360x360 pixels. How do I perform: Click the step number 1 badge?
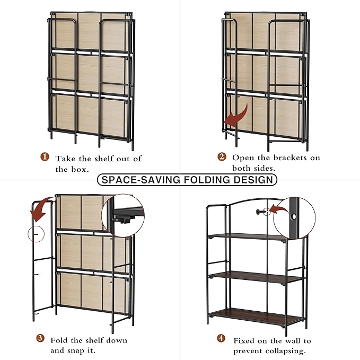45,158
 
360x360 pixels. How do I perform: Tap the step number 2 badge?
222,157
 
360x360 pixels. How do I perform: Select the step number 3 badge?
40,339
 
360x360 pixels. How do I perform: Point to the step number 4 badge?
222,339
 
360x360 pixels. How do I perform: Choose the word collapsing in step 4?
285,351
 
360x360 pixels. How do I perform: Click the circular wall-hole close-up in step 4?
294,218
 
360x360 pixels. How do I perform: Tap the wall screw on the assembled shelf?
259,212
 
